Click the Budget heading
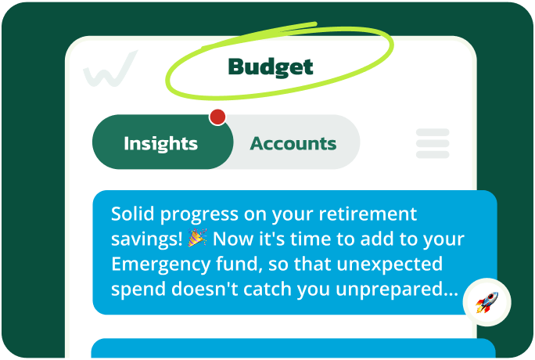coord(270,67)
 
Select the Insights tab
coord(161,143)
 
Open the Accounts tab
coord(293,143)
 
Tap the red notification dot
coord(217,117)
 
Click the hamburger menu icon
coord(433,143)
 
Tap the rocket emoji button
coord(487,301)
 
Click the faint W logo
coord(110,69)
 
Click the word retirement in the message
coord(368,214)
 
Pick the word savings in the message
coord(142,239)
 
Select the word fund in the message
coord(223,264)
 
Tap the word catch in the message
coord(274,289)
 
